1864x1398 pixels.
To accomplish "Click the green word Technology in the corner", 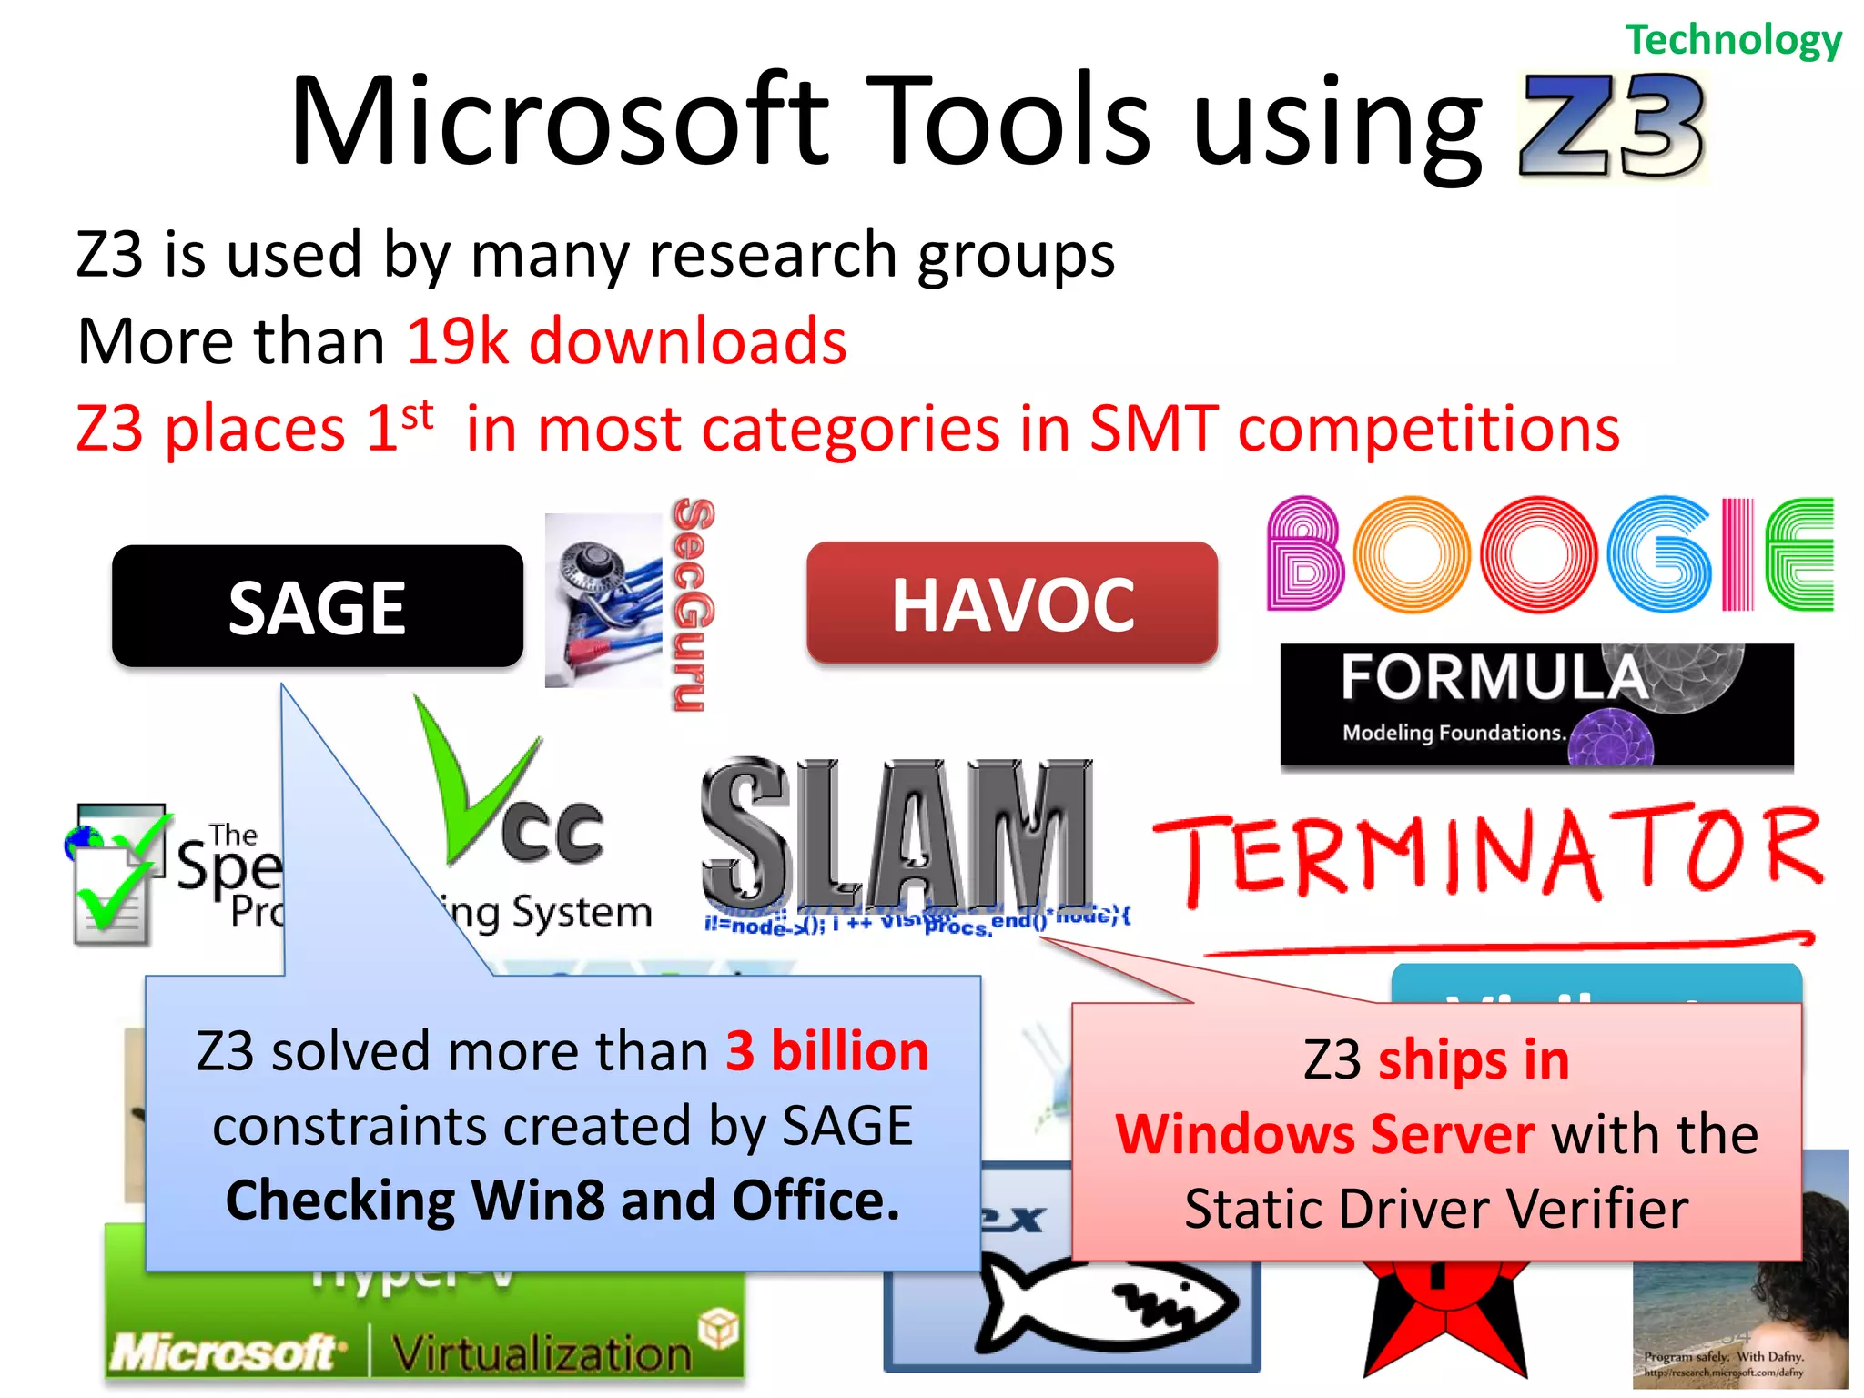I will pos(1733,40).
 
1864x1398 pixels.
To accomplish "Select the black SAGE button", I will pos(317,607).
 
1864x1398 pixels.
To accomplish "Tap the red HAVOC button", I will pos(1011,603).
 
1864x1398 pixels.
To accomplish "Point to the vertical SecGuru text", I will pos(693,604).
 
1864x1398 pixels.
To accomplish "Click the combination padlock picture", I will pos(603,600).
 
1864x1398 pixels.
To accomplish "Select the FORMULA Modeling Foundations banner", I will pos(1535,705).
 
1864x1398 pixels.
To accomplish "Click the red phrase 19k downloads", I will pos(626,342).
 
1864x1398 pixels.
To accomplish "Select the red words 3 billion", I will pos(826,1051).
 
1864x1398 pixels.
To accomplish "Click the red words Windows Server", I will pos(1324,1135).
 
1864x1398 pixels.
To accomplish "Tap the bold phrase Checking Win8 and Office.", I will pos(562,1200).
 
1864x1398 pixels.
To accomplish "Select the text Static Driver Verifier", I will pos(1436,1210).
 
